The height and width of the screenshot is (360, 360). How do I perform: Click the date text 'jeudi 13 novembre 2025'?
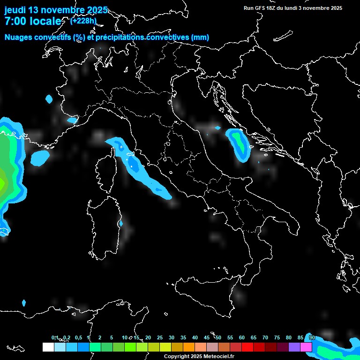tap(56, 10)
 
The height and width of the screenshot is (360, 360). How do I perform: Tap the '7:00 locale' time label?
tap(33, 21)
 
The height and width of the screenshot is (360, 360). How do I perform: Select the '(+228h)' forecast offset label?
tap(83, 21)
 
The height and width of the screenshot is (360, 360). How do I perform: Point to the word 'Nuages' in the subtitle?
tap(18, 37)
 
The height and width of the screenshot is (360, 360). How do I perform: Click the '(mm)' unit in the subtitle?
tap(200, 37)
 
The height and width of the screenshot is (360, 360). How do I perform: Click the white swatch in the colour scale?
tap(48, 347)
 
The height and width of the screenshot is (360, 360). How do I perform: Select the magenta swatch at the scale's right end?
tap(306, 347)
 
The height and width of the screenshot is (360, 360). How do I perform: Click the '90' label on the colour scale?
tap(312, 338)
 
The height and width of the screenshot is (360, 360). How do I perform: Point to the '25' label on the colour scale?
tap(160, 338)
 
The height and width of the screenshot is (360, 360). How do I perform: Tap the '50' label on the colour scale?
tap(218, 338)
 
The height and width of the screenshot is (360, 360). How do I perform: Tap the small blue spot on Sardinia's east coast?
tap(120, 224)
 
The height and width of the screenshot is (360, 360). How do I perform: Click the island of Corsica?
tap(106, 171)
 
